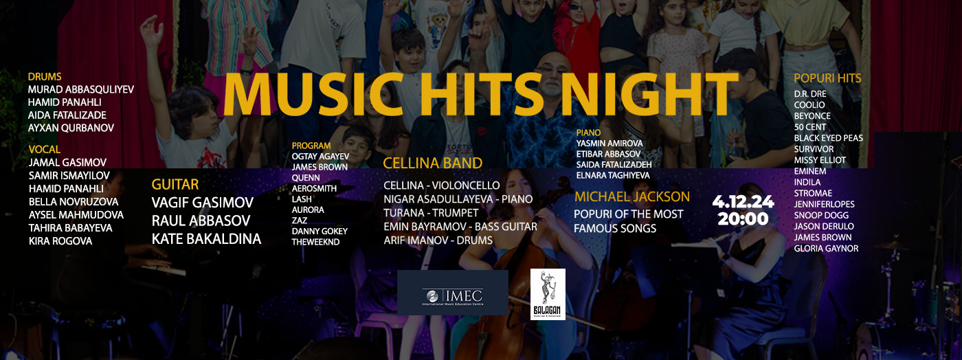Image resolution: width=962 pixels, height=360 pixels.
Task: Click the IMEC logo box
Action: pyautogui.click(x=452, y=293)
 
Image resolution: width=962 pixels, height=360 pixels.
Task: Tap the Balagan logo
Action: pyautogui.click(x=548, y=294)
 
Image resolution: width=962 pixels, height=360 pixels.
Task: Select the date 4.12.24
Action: pyautogui.click(x=743, y=202)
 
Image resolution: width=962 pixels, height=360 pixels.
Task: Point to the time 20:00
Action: pyautogui.click(x=743, y=219)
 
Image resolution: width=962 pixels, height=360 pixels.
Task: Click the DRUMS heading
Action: pyautogui.click(x=45, y=77)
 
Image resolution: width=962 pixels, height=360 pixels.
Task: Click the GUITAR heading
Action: pyautogui.click(x=175, y=184)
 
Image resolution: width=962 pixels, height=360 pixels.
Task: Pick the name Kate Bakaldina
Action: pyautogui.click(x=206, y=239)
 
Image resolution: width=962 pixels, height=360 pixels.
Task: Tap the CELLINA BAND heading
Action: pyautogui.click(x=432, y=164)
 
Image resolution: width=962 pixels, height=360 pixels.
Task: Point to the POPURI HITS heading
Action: pyautogui.click(x=827, y=78)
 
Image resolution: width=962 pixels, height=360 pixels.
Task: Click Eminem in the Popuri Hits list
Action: pyautogui.click(x=810, y=171)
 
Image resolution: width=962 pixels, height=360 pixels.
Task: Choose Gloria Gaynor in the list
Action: pyautogui.click(x=826, y=249)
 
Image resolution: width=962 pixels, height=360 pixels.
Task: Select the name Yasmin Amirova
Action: pyautogui.click(x=609, y=143)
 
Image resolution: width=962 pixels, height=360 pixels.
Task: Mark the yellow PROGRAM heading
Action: pyautogui.click(x=311, y=146)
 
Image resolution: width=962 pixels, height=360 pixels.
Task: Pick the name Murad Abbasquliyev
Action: pyautogui.click(x=81, y=90)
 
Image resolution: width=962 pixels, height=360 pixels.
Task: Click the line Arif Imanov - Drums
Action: pyautogui.click(x=438, y=240)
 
